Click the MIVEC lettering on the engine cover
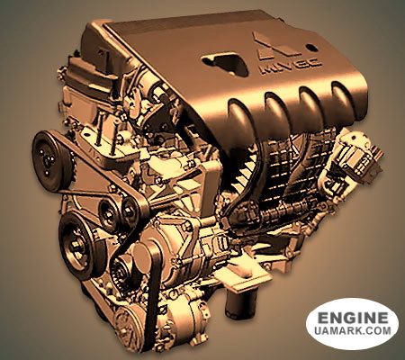[x=290, y=66]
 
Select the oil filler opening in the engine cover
[x=225, y=63]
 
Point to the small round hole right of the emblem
[x=311, y=48]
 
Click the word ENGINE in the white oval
[x=353, y=318]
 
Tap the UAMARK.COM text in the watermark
[x=353, y=330]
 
